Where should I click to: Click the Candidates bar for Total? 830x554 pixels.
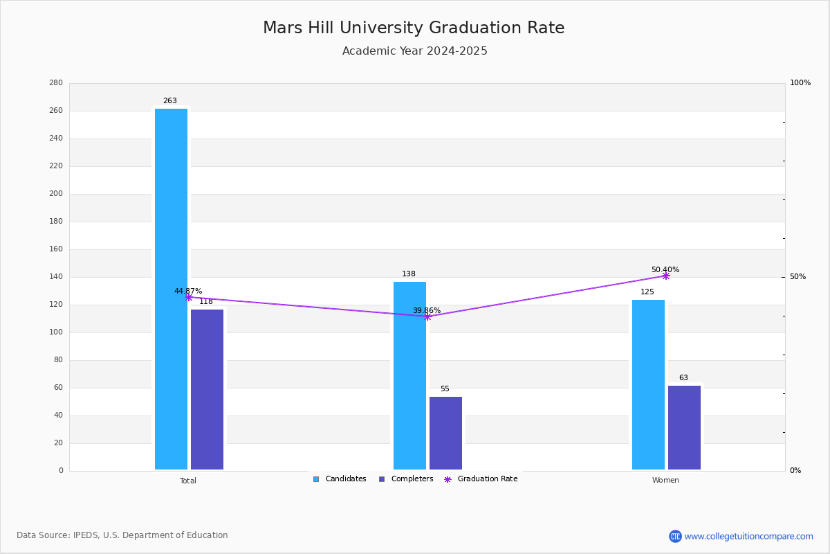[x=171, y=289]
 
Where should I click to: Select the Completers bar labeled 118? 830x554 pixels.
[x=207, y=389]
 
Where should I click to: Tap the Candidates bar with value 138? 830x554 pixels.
[x=409, y=375]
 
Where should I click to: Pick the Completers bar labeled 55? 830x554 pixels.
[x=445, y=433]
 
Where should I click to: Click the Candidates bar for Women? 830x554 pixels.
[x=648, y=384]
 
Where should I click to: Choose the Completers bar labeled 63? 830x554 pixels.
[x=684, y=427]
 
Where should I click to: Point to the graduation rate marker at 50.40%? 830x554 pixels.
[x=665, y=276]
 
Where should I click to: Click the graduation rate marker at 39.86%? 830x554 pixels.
[x=427, y=316]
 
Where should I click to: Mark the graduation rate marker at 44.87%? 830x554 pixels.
[x=188, y=297]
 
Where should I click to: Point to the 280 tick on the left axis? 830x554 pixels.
[x=56, y=83]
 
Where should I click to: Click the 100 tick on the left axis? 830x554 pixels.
[x=56, y=332]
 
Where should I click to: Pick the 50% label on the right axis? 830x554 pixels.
[x=797, y=277]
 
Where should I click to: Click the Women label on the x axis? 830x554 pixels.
[x=665, y=481]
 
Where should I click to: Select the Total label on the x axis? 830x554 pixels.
[x=188, y=481]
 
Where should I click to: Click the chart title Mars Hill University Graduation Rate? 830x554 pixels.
[x=414, y=28]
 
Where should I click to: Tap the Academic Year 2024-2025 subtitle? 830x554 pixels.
[x=414, y=51]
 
